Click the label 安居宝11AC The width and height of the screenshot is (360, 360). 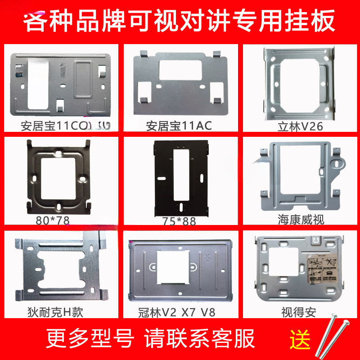(179, 126)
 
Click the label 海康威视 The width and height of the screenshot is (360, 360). (301, 220)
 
